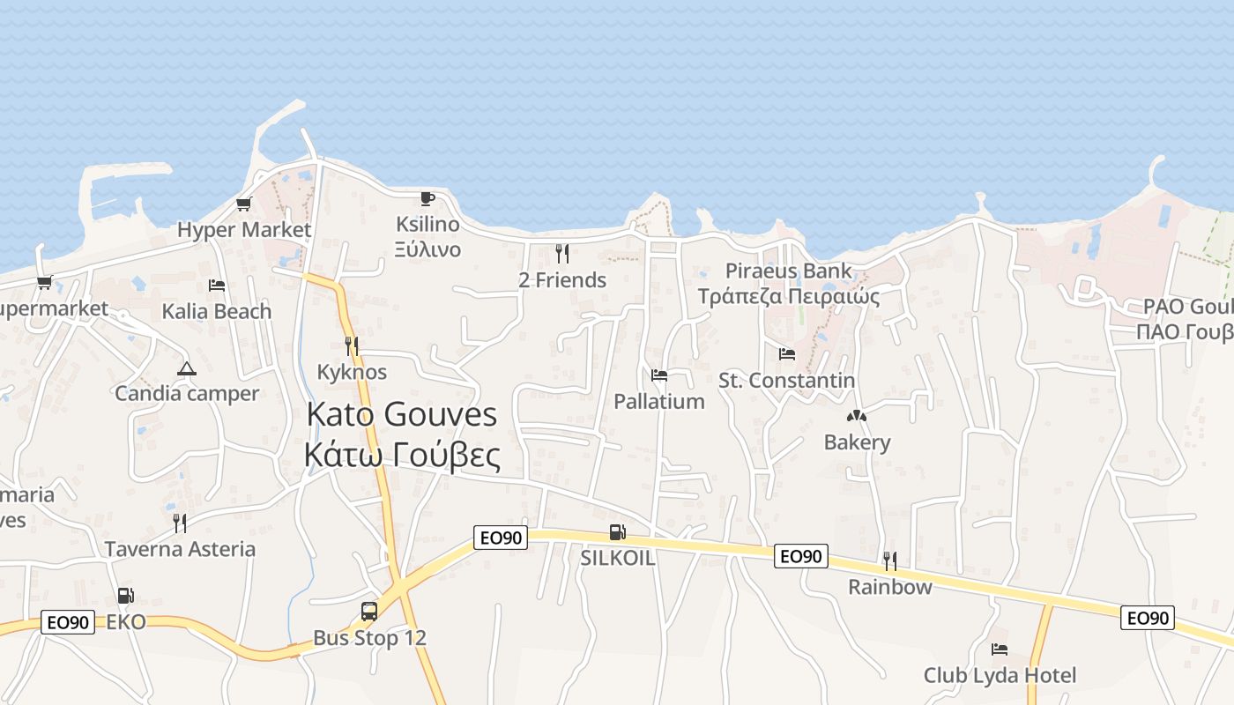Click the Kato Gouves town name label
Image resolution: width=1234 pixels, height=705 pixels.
tap(402, 414)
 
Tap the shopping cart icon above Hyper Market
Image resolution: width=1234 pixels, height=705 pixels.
tap(244, 204)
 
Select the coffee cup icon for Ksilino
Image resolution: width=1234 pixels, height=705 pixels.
tap(427, 198)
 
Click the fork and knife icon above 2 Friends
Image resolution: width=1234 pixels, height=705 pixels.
tap(562, 254)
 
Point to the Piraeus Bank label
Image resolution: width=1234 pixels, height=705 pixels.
tap(789, 271)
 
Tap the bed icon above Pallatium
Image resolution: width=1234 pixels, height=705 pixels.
tap(659, 375)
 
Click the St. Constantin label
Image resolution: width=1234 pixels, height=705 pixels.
tap(786, 381)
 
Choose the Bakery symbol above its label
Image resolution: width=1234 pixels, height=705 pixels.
tap(857, 416)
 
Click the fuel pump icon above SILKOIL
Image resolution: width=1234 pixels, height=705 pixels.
tap(618, 532)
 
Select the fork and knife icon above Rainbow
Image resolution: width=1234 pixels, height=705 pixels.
tap(890, 560)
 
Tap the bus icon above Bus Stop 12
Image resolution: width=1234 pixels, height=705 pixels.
tap(369, 611)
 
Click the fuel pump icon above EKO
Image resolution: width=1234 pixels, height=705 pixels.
tap(126, 596)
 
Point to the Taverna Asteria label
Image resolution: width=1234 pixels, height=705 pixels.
tap(180, 549)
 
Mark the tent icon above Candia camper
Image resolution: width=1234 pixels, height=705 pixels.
tap(186, 368)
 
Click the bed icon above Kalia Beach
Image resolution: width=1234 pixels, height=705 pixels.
tap(217, 286)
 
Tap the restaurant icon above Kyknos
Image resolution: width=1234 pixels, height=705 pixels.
tap(352, 345)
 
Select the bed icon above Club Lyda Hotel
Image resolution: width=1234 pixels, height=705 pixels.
tap(1000, 649)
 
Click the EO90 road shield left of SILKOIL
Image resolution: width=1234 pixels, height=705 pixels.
tap(501, 538)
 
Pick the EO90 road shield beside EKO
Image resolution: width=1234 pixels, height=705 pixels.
tap(68, 622)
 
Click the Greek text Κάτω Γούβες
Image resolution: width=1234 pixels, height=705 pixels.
tap(402, 456)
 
